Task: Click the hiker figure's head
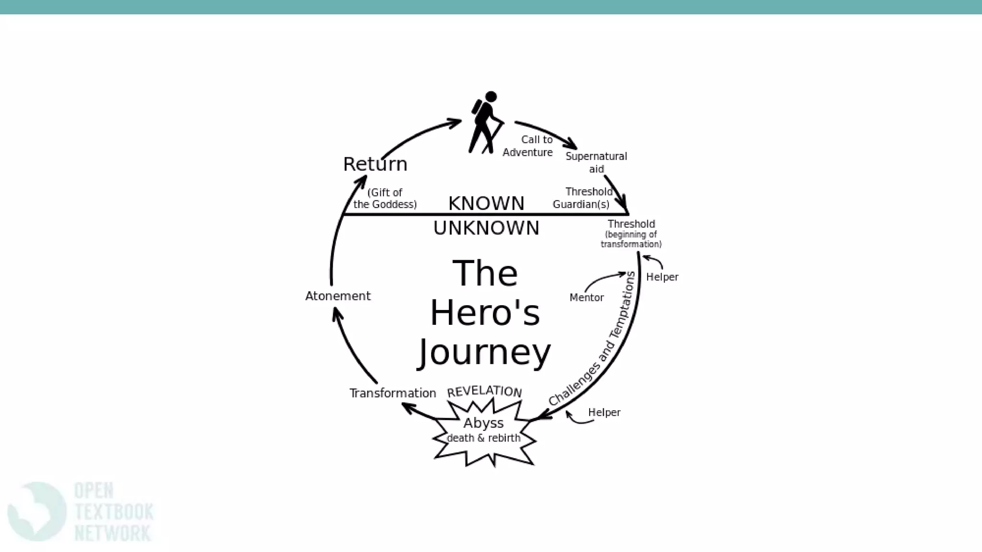[491, 97]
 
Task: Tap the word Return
[375, 164]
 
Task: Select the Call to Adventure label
[527, 146]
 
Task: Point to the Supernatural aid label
[596, 162]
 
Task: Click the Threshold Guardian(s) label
[582, 198]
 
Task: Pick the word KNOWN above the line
[486, 203]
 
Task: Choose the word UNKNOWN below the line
[486, 228]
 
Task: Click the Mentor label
[586, 298]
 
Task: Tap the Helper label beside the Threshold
[662, 277]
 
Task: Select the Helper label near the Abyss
[604, 413]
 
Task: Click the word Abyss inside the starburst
[483, 423]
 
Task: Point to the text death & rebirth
[483, 438]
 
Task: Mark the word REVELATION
[484, 391]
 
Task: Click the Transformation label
[393, 393]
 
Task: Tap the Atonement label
[338, 296]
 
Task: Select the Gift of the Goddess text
[385, 198]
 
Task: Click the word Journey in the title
[485, 353]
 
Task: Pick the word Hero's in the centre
[485, 313]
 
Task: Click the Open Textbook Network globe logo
[36, 511]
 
